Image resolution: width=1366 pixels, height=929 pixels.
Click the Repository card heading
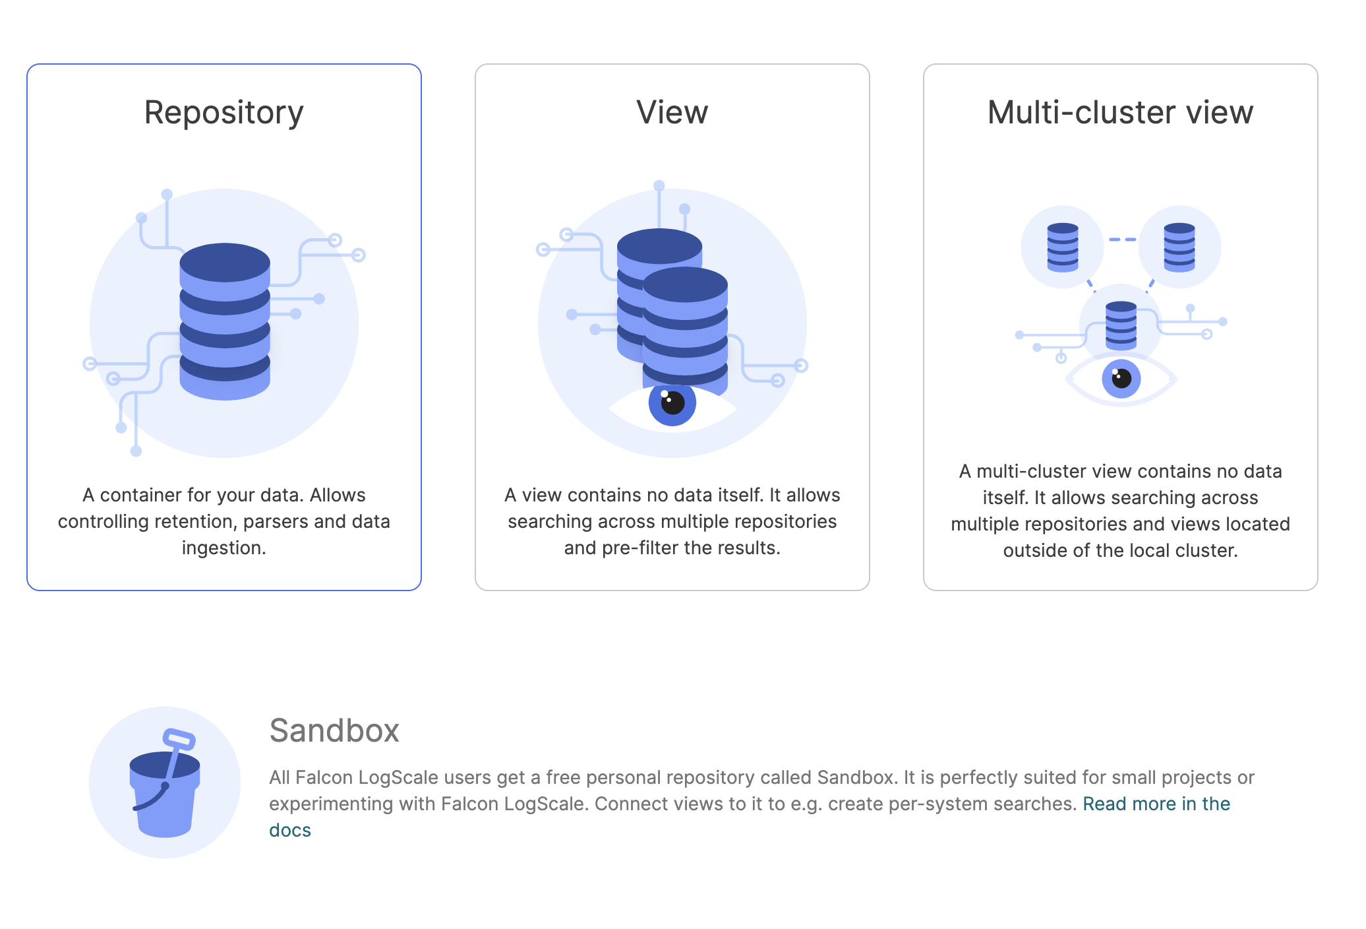[223, 113]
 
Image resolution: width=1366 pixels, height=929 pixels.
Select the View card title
[672, 113]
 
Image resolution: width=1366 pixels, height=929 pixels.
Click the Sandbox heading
[334, 731]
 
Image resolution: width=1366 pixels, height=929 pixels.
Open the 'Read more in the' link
[1156, 804]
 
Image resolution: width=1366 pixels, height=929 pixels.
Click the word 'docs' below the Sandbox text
[290, 830]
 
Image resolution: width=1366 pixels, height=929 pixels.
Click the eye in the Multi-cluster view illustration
[1121, 379]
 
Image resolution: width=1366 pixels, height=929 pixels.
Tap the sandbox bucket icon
[165, 792]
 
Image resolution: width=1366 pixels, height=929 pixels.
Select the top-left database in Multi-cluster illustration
[1062, 247]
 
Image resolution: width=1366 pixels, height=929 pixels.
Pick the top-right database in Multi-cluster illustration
[1179, 247]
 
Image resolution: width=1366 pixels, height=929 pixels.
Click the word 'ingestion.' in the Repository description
[224, 548]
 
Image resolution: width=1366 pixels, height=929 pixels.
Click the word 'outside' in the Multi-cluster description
[1034, 551]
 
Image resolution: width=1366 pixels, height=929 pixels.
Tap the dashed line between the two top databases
[1121, 240]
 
